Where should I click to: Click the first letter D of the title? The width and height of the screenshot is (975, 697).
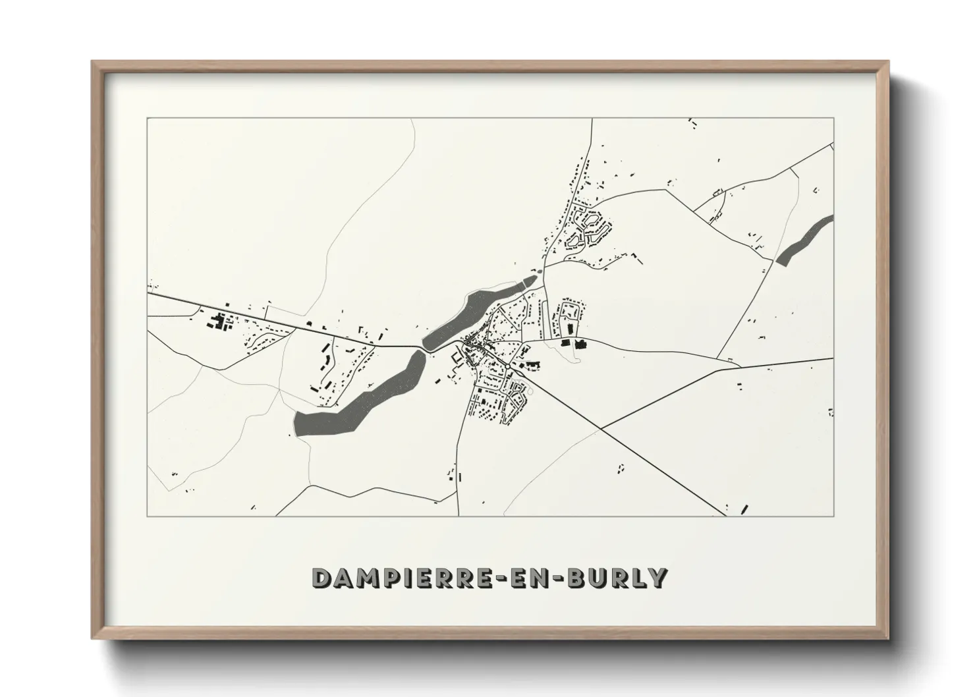321,578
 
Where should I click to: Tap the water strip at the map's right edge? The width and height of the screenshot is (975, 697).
806,240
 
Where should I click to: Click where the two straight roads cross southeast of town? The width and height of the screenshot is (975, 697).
601,429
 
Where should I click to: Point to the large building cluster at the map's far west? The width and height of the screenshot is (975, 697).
217,323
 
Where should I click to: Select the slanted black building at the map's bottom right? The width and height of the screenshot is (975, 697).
745,509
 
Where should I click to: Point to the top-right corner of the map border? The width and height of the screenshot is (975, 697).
834,118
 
